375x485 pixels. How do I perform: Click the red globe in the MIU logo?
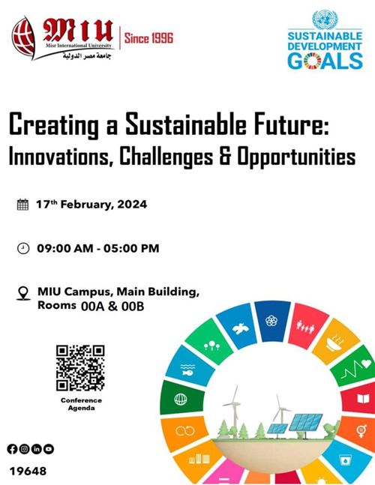tap(23, 37)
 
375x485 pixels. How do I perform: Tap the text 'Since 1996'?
tap(148, 38)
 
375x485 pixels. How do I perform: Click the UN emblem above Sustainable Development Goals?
tap(325, 19)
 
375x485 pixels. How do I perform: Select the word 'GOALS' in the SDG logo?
tap(325, 61)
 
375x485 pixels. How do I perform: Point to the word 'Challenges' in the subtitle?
tap(166, 157)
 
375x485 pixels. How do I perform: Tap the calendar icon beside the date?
tap(22, 205)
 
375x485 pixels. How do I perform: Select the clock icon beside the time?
tap(23, 248)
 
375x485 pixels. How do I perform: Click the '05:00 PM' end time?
tap(131, 248)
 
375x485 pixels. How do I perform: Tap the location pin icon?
tap(23, 293)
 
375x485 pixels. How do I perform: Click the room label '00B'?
tap(133, 307)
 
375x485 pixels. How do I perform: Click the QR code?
tap(80, 368)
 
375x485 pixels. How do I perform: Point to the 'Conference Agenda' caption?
tap(81, 404)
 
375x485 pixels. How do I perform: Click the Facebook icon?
tap(12, 449)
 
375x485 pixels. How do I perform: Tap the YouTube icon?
tap(49, 449)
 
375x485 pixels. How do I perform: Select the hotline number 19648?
tap(28, 472)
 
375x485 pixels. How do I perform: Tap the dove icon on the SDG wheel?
tap(240, 328)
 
